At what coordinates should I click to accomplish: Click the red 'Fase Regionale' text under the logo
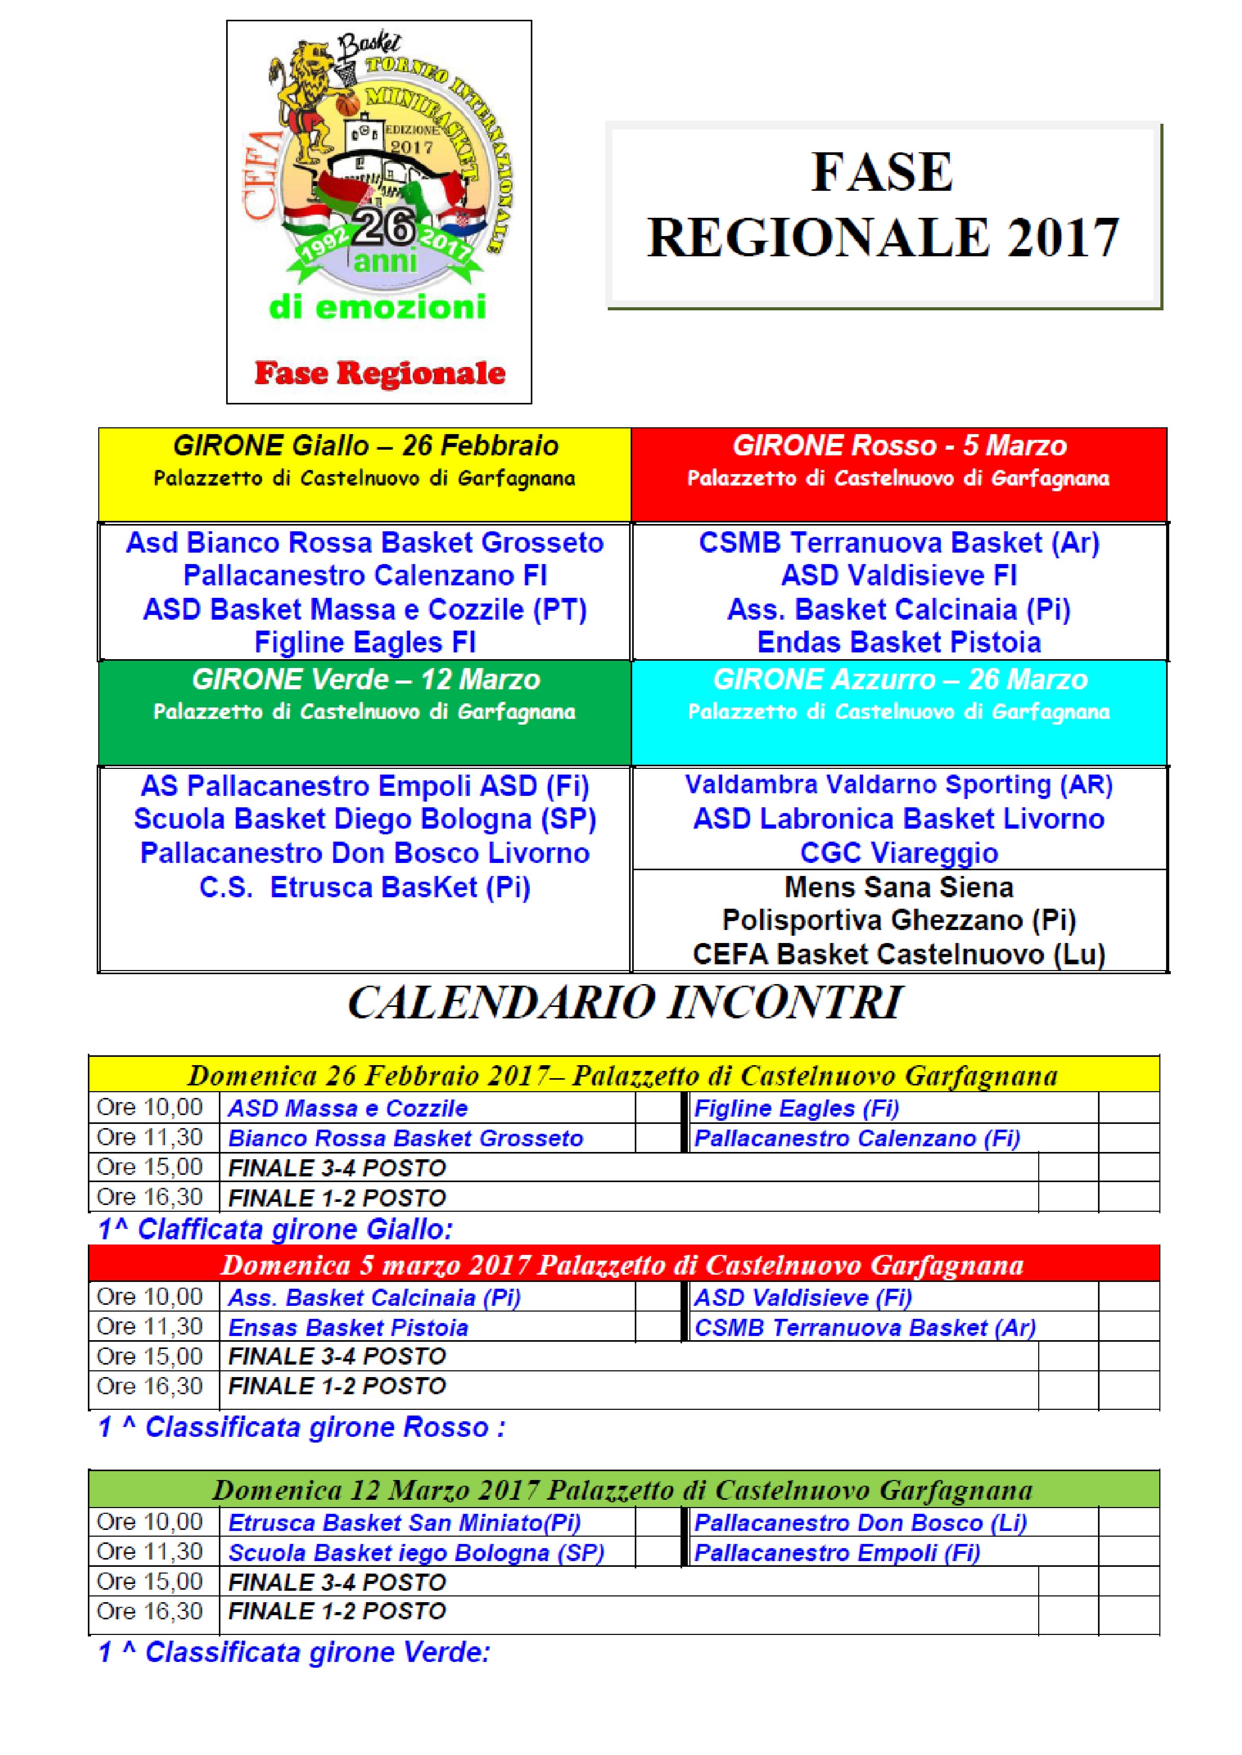380,373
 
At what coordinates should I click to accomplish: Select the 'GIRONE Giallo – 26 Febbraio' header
365,446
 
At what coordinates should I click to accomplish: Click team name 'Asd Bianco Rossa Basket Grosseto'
365,542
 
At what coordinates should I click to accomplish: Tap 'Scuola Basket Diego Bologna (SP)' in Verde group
365,819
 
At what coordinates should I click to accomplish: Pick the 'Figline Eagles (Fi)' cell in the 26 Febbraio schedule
796,1108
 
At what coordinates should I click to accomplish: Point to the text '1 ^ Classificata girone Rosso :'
302,1427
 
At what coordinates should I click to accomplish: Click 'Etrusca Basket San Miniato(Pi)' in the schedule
404,1523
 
